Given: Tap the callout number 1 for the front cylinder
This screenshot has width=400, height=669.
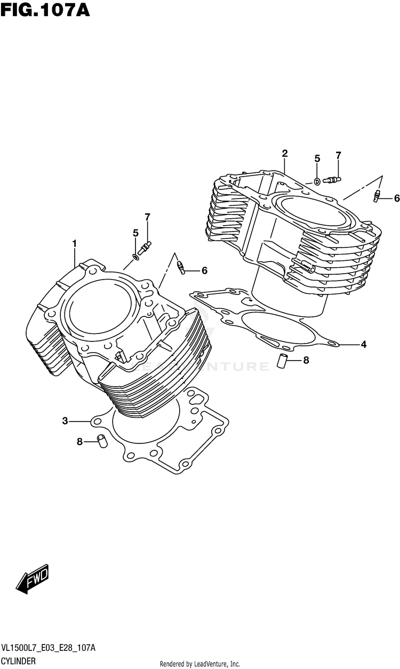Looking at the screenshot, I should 75,244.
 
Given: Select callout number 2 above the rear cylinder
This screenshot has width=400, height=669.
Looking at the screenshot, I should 285,154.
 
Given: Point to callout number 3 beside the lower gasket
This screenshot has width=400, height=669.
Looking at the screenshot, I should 65,421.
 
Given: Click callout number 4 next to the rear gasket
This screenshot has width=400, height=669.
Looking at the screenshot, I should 363,345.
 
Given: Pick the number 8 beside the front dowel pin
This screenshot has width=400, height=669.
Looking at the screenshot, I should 79,441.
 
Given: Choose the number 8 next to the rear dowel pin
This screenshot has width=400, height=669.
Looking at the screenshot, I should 306,360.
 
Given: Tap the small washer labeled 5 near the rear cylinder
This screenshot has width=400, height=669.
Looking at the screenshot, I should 316,181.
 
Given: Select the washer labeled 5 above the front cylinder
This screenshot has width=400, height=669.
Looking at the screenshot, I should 137,257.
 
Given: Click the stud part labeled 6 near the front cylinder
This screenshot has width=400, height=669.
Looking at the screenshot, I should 181,266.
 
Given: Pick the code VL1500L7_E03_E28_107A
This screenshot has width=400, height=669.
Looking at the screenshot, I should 49,648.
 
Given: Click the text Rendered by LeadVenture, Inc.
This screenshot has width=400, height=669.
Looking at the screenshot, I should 200,664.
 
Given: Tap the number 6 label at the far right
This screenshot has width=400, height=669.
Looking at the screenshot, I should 396,198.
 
